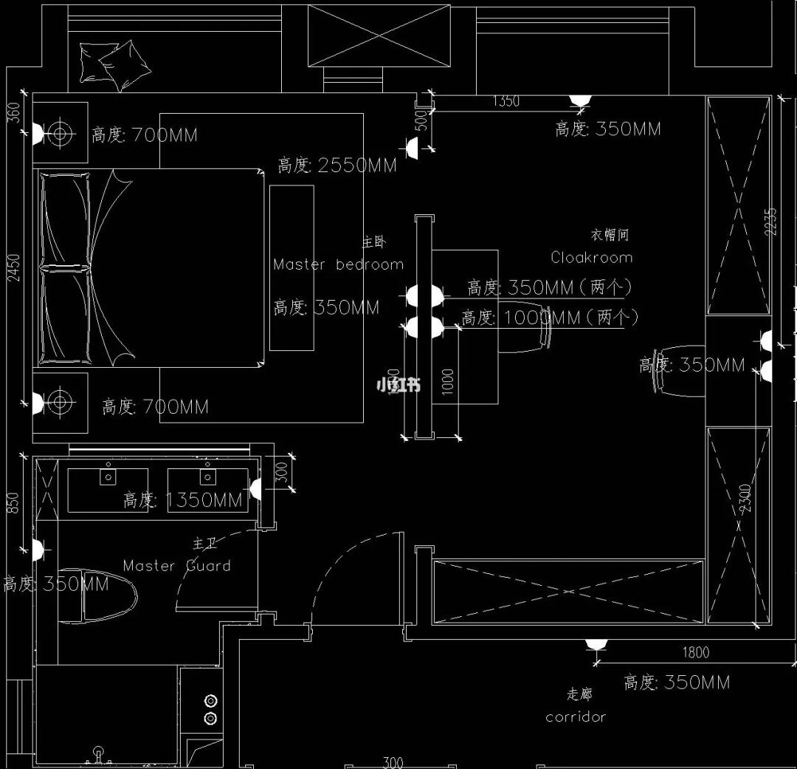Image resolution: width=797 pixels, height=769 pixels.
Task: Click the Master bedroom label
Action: [x=339, y=264]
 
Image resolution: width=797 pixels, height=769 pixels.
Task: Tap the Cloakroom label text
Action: [x=591, y=258]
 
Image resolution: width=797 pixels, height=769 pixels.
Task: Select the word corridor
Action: [x=576, y=717]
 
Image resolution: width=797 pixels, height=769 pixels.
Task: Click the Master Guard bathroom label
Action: [x=177, y=566]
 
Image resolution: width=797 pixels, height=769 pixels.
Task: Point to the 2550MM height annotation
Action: [x=337, y=165]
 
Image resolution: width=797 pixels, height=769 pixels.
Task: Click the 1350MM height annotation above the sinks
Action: [x=183, y=500]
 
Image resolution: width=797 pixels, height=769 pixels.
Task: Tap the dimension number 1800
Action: [x=695, y=652]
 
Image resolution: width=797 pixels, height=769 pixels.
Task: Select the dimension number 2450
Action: [x=14, y=267]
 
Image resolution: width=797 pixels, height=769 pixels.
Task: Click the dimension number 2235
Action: [x=771, y=222]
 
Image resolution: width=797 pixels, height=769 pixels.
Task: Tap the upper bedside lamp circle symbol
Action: [x=61, y=134]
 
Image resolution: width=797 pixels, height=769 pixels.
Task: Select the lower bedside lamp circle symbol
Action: [x=61, y=403]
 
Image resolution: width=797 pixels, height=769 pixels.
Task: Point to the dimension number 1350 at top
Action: [x=506, y=101]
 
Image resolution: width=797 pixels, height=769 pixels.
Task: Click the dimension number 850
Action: [x=13, y=502]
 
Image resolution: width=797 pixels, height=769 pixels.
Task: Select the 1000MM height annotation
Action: [x=550, y=318]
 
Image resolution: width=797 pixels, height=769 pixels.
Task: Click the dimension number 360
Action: [x=13, y=112]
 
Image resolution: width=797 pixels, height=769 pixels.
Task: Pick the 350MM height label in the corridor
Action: [x=677, y=683]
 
